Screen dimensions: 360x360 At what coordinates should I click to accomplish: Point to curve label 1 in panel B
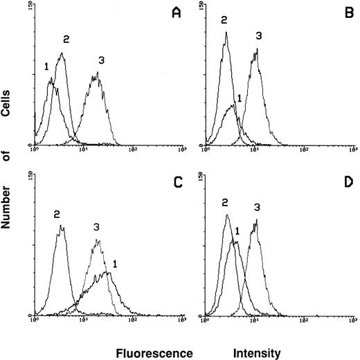click(x=239, y=98)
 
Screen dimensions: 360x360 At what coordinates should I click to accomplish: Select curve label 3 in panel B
click(x=258, y=35)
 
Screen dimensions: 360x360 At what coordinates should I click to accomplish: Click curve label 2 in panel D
click(x=225, y=202)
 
